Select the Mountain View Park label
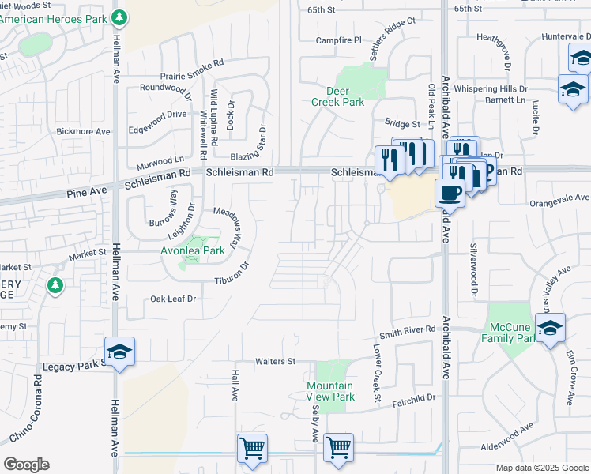pos(330,391)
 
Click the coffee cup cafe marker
pos(450,192)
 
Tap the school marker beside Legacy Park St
pos(119,352)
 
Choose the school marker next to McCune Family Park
pos(550,327)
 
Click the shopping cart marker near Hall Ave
pos(252,449)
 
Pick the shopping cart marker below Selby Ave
pos(338,449)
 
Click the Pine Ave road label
pos(87,192)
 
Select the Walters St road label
pos(275,362)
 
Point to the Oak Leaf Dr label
pos(173,299)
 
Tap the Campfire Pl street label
pos(338,39)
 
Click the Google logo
pos(26,465)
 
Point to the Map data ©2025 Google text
pos(541,468)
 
